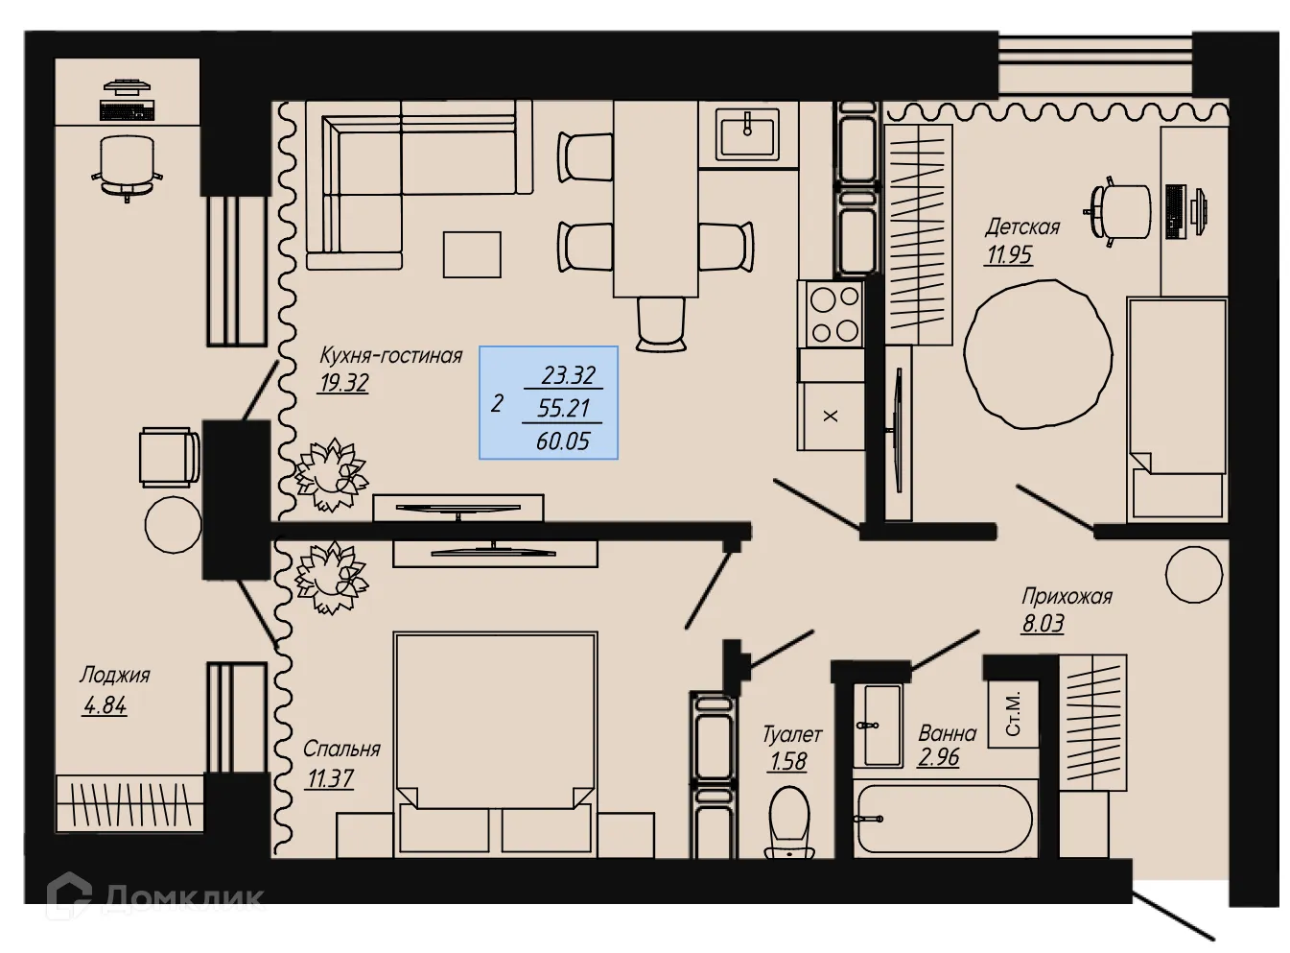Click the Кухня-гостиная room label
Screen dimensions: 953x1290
tap(390, 355)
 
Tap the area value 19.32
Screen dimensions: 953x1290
tap(343, 383)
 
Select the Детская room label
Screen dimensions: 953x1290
tap(1022, 227)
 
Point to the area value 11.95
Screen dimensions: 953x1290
tap(1009, 254)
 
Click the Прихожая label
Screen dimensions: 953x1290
tap(1067, 596)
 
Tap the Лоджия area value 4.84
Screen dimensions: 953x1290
tap(105, 705)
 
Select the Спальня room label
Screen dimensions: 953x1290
tap(341, 749)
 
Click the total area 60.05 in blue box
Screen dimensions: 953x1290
tap(563, 441)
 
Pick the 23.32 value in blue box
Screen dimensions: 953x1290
tap(568, 374)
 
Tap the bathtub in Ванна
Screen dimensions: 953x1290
tap(944, 819)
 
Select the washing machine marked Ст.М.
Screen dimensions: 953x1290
tap(1015, 712)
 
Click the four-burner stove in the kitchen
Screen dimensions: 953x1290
tap(833, 314)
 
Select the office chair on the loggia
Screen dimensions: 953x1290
tap(127, 165)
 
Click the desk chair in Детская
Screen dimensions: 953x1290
tap(1119, 209)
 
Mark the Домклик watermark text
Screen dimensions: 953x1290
tap(182, 897)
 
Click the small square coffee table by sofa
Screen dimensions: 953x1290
tap(472, 254)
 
